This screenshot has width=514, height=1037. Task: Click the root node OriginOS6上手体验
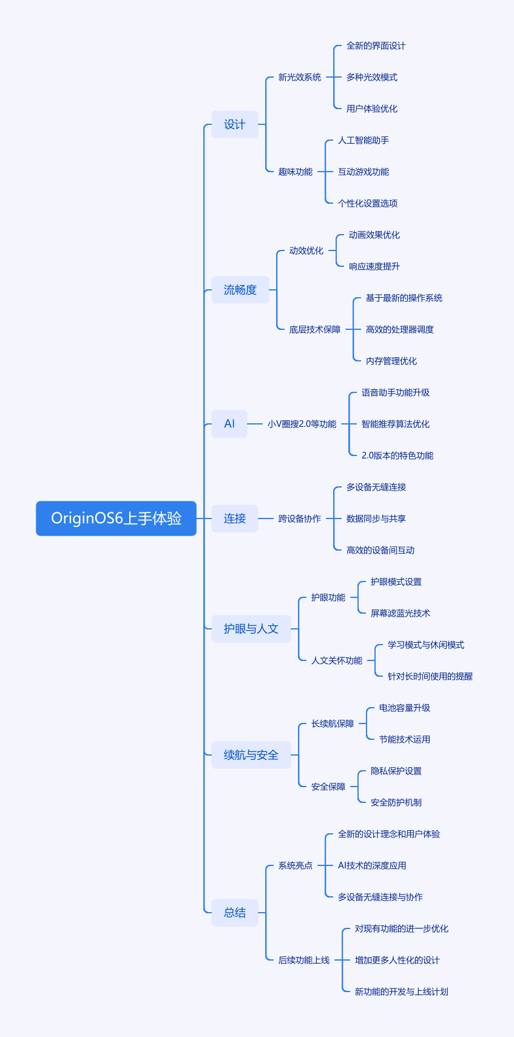[116, 518]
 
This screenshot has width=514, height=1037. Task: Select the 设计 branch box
[235, 124]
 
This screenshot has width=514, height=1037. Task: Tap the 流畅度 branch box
[240, 290]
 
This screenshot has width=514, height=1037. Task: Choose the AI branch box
[229, 424]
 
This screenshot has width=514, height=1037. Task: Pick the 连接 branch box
[235, 518]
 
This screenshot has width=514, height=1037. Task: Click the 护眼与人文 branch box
[251, 629]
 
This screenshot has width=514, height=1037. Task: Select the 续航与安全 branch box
[251, 755]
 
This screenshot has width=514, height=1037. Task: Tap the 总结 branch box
[235, 913]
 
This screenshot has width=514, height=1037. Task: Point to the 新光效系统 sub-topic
[300, 77]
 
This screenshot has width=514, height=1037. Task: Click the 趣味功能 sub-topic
[296, 172]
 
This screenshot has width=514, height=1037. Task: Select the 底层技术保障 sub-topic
[315, 329]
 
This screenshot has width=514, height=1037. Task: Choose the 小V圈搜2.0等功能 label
[302, 424]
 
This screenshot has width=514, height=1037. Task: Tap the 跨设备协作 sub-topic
[300, 518]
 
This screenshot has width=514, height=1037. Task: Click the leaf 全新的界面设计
[376, 45]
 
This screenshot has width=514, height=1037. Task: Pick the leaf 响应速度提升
[374, 266]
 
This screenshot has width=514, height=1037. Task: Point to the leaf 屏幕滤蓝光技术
[400, 613]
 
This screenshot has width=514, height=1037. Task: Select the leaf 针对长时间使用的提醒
[430, 676]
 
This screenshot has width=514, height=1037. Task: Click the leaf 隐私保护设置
[396, 771]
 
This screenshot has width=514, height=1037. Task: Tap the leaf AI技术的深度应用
[372, 865]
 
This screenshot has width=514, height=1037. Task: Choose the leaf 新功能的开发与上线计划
[401, 992]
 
